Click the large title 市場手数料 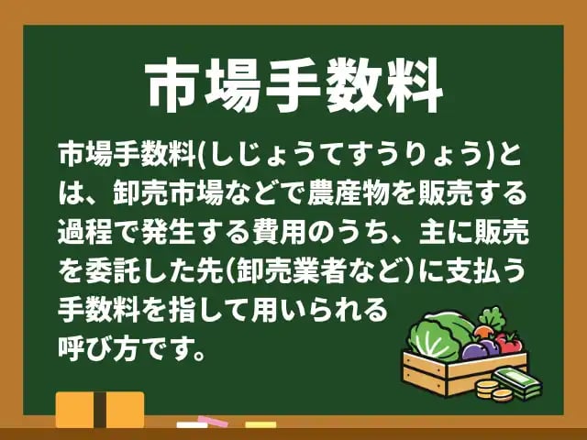coord(293,88)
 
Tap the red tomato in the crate coord(510,343)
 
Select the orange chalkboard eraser coord(99,410)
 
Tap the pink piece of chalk coord(213,422)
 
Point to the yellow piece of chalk coord(260,424)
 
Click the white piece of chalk coord(192,425)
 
